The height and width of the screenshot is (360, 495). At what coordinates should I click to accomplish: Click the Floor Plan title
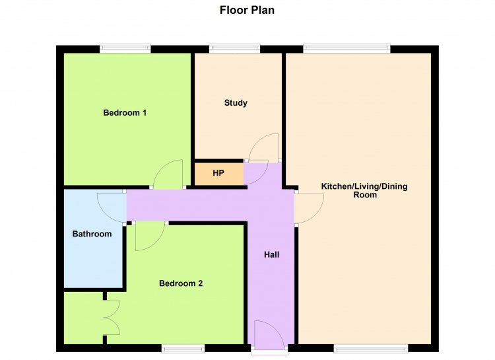coord(247,10)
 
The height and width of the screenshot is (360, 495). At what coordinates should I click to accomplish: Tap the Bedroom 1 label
coord(125,112)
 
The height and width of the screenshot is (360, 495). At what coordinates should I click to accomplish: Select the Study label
coord(236,103)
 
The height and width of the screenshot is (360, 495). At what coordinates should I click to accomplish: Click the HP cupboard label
coord(218,173)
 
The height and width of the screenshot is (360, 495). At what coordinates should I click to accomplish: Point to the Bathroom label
coord(92,234)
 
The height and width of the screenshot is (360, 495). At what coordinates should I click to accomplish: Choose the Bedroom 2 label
coord(181,283)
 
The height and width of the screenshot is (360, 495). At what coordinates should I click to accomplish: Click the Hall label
coord(271,254)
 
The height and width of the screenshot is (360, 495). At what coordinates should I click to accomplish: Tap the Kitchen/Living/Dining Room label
coord(364,190)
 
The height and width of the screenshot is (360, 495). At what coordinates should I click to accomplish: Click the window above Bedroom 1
coord(125,48)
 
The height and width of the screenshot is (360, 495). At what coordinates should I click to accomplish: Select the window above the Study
coord(234,48)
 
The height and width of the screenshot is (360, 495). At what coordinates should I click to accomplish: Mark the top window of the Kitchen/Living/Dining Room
coord(346,48)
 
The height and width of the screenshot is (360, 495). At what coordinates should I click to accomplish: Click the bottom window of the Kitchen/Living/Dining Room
coord(371,349)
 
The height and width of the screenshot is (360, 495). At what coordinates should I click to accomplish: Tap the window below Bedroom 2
coord(183,349)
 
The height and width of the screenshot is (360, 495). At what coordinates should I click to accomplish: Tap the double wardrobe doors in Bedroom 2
coord(112,318)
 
